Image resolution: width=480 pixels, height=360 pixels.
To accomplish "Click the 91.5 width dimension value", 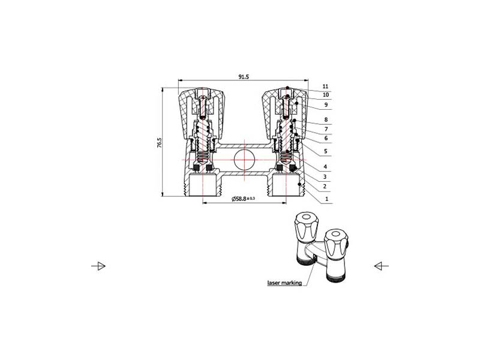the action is coord(244,77).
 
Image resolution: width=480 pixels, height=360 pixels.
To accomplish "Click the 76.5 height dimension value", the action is coord(159,143).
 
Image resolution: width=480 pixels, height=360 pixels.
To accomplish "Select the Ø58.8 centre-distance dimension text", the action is coord(243,199).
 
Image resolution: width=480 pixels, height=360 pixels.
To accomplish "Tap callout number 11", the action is coord(325,86).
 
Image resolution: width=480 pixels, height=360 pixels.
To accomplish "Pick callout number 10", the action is coord(326,95).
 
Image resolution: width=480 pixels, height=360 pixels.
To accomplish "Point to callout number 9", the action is coord(326,104).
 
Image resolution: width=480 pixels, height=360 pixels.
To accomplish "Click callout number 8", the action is coord(326,119).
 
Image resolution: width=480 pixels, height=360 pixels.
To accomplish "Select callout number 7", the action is coord(326,129).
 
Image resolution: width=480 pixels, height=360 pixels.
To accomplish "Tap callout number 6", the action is coord(326,139).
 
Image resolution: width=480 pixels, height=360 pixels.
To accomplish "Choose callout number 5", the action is coord(326,151).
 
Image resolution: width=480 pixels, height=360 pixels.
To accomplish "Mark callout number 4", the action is coord(325,167).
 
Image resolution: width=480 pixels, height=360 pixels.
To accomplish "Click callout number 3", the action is coord(325,176).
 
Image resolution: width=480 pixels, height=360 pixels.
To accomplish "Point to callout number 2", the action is coord(325,186).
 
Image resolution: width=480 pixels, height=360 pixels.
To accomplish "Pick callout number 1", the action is coord(326,199).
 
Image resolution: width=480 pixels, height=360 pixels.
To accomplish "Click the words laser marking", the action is coord(284,283).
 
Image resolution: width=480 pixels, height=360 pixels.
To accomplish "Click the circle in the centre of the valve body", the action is coord(244,160).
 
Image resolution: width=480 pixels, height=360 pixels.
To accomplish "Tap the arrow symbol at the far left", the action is coord(98,266).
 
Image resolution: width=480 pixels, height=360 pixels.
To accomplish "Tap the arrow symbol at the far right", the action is coord(382,266).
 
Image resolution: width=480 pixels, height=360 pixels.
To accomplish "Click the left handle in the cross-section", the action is coord(201,113).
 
